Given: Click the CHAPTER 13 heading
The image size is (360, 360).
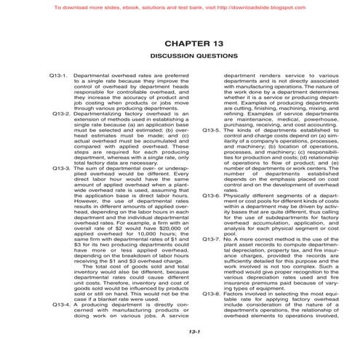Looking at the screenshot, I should (x=180, y=42).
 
